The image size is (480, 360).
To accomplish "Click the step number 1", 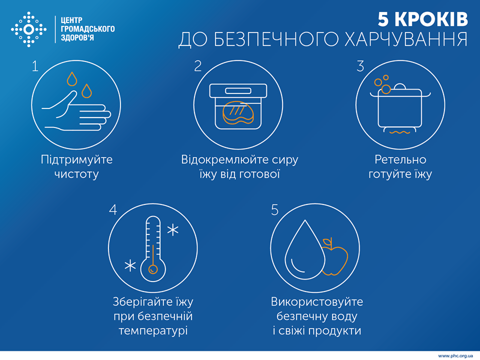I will coord(34,66).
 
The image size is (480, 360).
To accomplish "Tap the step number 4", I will coord(113,209).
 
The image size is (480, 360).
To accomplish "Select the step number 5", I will coord(274,209).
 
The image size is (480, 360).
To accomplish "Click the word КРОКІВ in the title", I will coord(431,19).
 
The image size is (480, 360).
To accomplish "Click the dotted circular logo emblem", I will coord(28,29).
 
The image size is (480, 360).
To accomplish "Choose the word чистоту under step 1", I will coord(76,174).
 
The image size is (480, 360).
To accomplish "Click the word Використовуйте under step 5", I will coord(316,302).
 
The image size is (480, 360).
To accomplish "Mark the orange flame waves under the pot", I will coord(400,132).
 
